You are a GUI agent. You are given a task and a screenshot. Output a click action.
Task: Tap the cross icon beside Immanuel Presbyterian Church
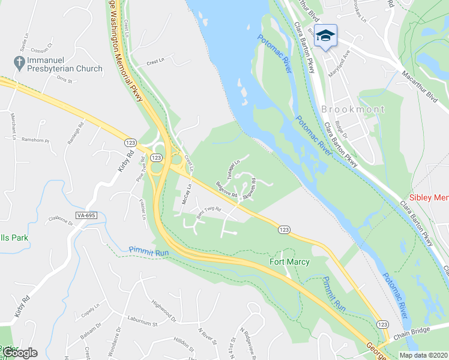(18, 61)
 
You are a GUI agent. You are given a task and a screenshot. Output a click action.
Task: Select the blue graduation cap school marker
(325, 36)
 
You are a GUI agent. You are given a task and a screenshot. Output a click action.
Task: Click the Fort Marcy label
(285, 262)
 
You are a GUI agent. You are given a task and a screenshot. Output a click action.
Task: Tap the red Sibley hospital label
(429, 198)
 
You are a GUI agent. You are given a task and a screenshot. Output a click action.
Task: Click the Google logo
(19, 352)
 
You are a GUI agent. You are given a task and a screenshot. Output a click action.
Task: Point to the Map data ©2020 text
(424, 355)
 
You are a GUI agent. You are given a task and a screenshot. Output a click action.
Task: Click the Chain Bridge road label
(421, 335)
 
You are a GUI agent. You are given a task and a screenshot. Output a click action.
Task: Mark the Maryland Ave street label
(339, 63)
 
